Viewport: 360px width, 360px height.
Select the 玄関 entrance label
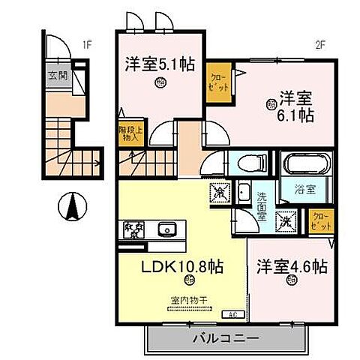[x=58, y=76]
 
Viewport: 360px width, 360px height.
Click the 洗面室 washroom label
[x=262, y=204]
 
